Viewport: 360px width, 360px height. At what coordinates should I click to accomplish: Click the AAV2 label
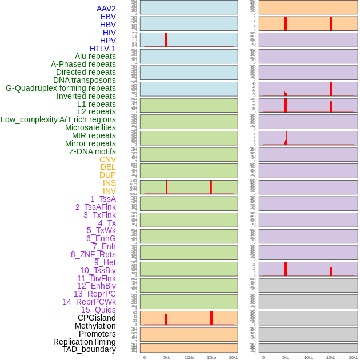[x=106, y=9]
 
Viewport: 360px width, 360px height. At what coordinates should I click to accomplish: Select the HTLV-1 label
[x=103, y=49]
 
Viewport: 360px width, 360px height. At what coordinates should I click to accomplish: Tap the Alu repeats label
[x=95, y=56]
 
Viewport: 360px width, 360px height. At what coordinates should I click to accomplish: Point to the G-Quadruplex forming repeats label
[x=61, y=88]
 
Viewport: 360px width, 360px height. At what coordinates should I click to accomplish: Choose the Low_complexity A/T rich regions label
[x=58, y=119]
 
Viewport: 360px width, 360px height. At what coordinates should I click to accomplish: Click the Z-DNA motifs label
[x=93, y=151]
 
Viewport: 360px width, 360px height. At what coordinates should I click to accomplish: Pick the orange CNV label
[x=107, y=159]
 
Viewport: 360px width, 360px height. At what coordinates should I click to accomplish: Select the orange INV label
[x=109, y=191]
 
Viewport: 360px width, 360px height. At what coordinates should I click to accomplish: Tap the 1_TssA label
[x=103, y=199]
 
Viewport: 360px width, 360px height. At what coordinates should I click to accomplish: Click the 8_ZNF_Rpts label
[x=93, y=254]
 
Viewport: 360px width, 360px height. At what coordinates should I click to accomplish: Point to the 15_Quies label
[x=98, y=310]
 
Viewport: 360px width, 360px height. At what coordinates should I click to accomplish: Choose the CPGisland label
[x=97, y=318]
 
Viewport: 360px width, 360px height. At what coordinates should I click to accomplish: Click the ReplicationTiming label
[x=85, y=342]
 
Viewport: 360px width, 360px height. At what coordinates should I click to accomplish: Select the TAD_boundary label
[x=89, y=349]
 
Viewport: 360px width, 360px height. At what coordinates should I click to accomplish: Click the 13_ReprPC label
[x=95, y=294]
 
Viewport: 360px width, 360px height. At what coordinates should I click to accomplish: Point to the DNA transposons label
[x=85, y=80]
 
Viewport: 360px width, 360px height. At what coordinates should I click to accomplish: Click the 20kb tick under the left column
[x=234, y=357]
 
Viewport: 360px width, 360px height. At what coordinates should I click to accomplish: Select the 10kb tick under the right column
[x=309, y=357]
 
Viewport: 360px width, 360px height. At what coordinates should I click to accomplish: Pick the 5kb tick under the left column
[x=167, y=357]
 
